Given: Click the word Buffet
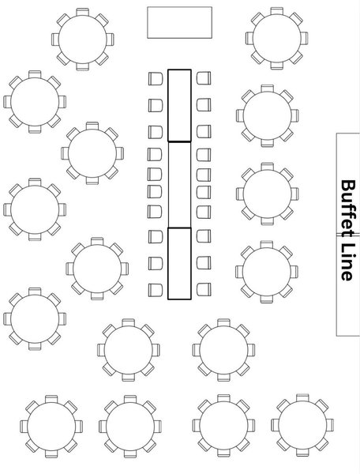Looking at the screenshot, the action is click(x=348, y=209).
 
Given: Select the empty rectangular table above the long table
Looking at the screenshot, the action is click(x=180, y=23).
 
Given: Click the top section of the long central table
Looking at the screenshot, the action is click(x=180, y=106).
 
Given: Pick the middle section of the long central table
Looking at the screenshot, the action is click(x=180, y=185).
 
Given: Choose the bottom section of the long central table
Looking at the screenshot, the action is click(x=180, y=264).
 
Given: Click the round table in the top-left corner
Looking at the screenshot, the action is click(x=82, y=39).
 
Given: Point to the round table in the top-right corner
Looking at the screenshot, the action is click(x=276, y=39).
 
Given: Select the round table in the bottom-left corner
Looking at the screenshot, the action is click(x=51, y=427).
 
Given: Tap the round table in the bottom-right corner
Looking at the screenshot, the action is click(x=302, y=425).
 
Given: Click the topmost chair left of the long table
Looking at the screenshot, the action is click(x=156, y=78).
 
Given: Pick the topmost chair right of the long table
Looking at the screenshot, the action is click(x=204, y=78).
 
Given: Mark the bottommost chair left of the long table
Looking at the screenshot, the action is click(x=156, y=290).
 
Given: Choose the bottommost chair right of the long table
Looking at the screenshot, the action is click(x=204, y=290).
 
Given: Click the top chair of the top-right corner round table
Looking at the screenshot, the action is click(x=276, y=11).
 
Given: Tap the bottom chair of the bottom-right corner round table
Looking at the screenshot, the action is click(x=302, y=453).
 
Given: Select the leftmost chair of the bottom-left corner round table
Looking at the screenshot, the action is click(x=24, y=427).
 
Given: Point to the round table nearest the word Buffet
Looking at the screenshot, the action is click(x=268, y=194).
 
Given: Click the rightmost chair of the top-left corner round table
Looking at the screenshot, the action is click(x=110, y=39).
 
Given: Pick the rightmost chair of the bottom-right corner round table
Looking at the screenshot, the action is click(x=330, y=425).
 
